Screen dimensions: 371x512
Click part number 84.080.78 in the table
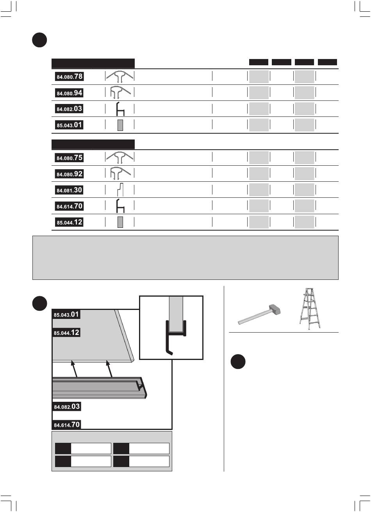[69, 77]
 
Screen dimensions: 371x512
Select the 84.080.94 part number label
[69, 93]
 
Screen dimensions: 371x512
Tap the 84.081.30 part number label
[69, 190]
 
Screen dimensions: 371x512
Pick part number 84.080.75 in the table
[69, 158]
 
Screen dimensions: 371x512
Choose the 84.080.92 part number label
[69, 174]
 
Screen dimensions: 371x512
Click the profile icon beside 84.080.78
[120, 77]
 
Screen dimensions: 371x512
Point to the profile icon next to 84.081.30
[120, 190]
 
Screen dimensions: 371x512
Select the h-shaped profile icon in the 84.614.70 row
[120, 206]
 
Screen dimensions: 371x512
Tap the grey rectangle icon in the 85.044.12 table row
[120, 222]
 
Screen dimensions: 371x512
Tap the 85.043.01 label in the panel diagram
[66, 314]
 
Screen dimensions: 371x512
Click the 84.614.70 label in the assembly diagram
[66, 424]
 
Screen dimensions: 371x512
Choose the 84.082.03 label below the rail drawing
[66, 406]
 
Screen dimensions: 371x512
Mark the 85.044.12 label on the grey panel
[66, 333]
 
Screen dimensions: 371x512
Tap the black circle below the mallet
[238, 362]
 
